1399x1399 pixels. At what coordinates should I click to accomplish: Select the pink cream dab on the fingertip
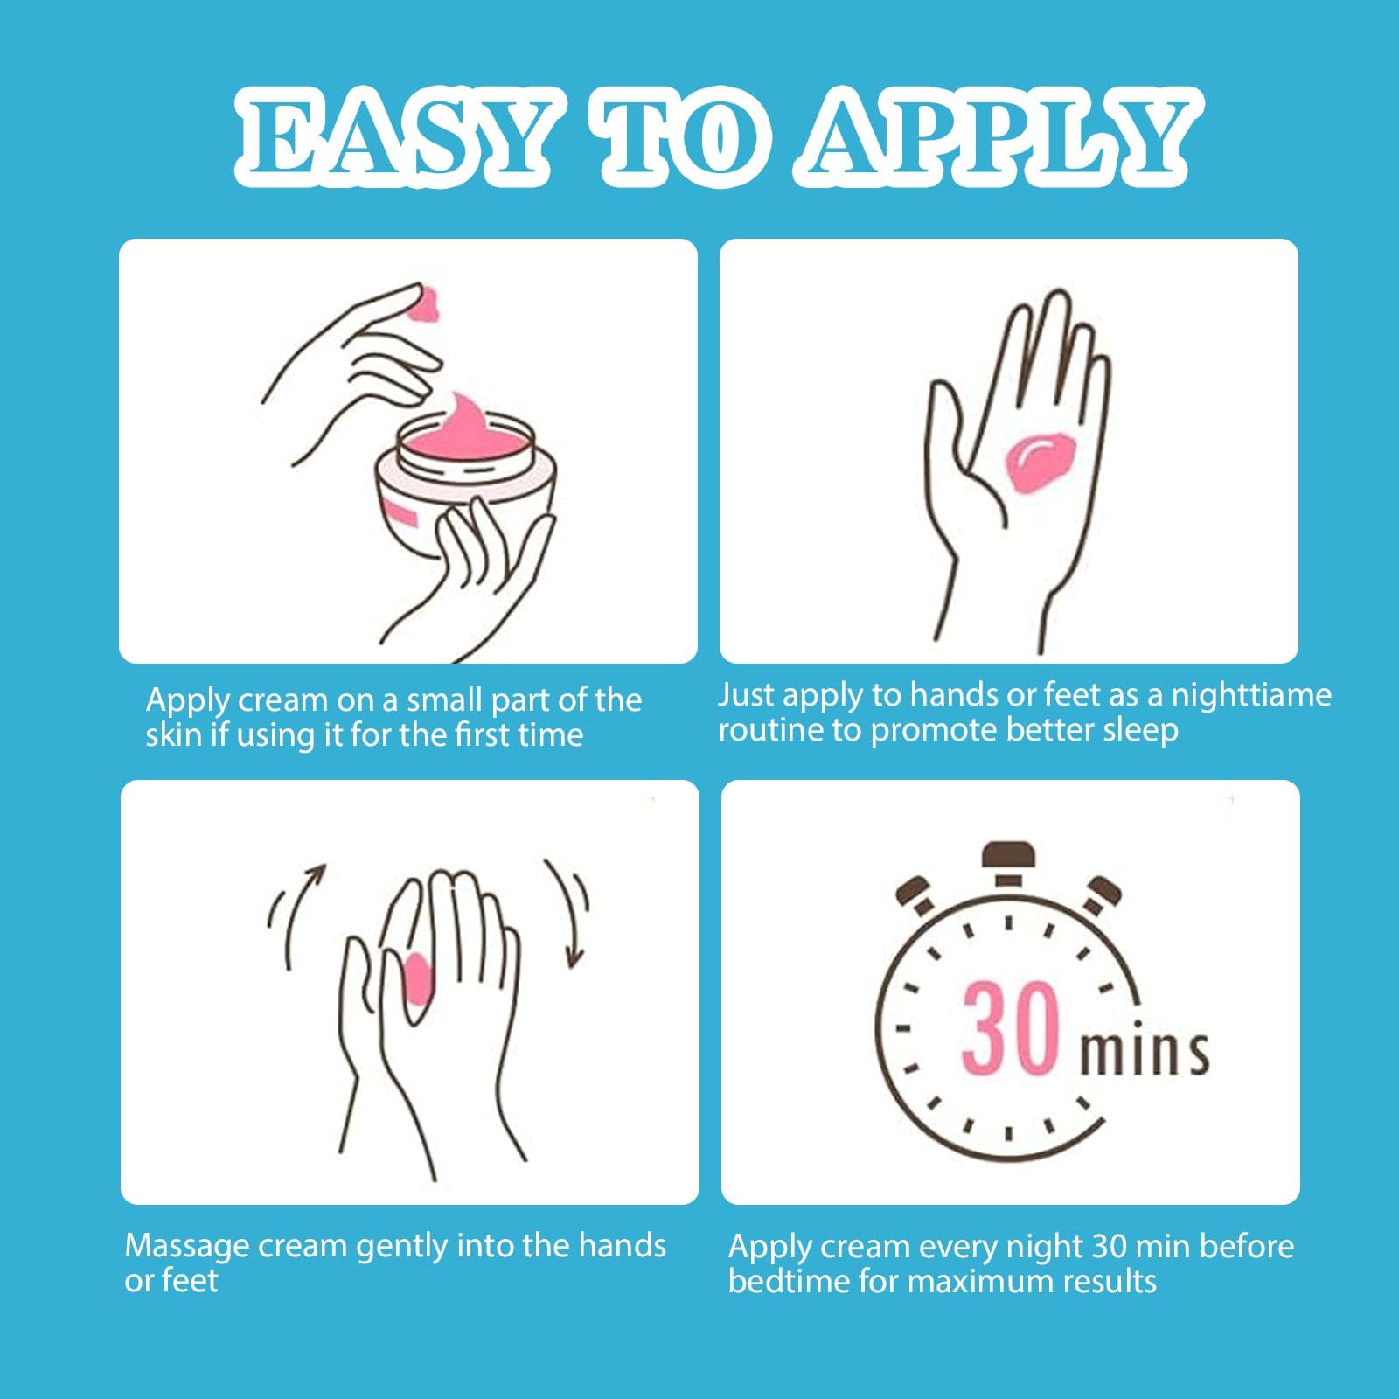coord(428,303)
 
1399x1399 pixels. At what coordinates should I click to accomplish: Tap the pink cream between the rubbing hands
coord(418,978)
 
